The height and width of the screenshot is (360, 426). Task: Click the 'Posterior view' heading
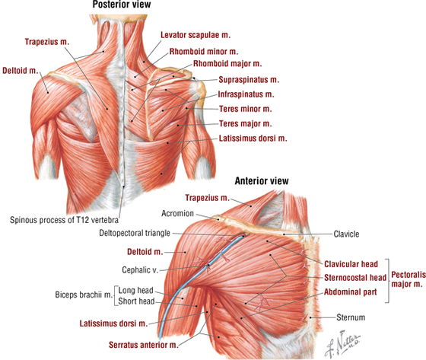tap(122, 5)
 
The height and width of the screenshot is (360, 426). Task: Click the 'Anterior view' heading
tap(262, 181)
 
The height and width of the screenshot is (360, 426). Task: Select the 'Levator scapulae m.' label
tap(196, 35)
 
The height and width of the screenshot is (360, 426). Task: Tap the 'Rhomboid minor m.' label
tap(204, 52)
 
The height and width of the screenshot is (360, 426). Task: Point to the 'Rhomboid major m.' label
tap(227, 64)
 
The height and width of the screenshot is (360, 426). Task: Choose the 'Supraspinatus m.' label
tap(249, 80)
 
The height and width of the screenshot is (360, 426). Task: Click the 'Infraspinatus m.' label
tap(246, 94)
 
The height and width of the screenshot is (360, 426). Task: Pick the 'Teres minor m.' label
tap(246, 109)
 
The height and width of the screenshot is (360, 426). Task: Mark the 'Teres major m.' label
tap(246, 124)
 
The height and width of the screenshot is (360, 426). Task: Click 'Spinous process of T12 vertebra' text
tap(64, 220)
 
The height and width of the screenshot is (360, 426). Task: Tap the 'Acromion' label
tap(178, 213)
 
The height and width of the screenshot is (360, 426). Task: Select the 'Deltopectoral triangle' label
tap(135, 234)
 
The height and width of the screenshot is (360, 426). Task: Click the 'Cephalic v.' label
tap(140, 270)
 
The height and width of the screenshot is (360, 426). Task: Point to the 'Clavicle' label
tap(346, 234)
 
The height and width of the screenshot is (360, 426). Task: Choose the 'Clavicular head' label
tap(351, 264)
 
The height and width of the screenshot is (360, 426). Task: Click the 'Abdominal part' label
tap(351, 292)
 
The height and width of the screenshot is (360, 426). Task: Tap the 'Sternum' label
tap(351, 317)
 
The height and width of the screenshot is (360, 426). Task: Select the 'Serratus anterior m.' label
tap(144, 345)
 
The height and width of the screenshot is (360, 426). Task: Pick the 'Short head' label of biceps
tap(136, 301)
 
